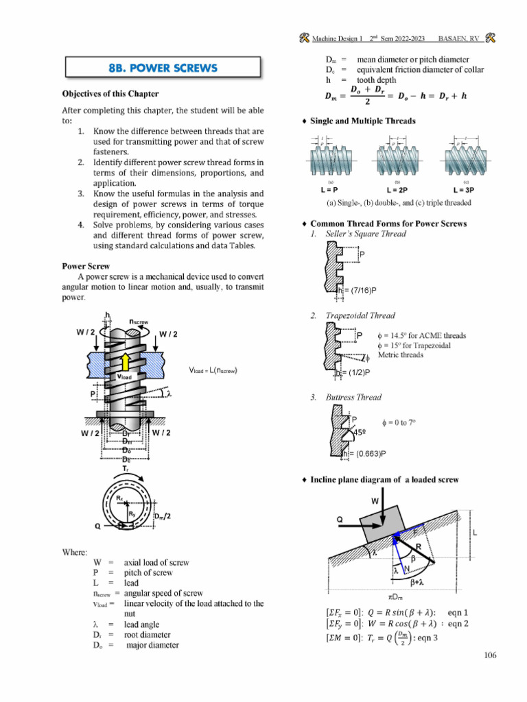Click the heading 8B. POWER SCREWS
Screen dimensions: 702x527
point(163,67)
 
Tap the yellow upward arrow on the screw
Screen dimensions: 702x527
point(125,363)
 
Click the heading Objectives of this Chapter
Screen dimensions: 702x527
point(110,93)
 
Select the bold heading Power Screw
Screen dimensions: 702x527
point(85,265)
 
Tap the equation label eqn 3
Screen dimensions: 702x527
point(438,638)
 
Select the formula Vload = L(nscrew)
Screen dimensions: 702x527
point(213,370)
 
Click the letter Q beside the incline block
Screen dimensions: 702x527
point(340,520)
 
